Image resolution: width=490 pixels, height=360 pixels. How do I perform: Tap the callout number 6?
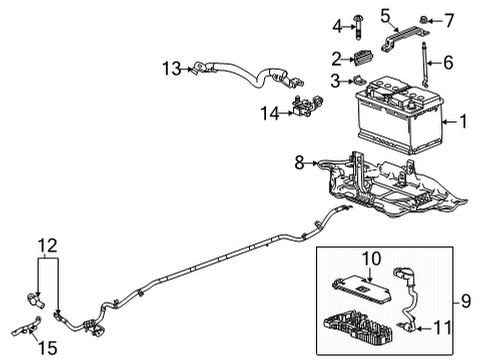448,62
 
